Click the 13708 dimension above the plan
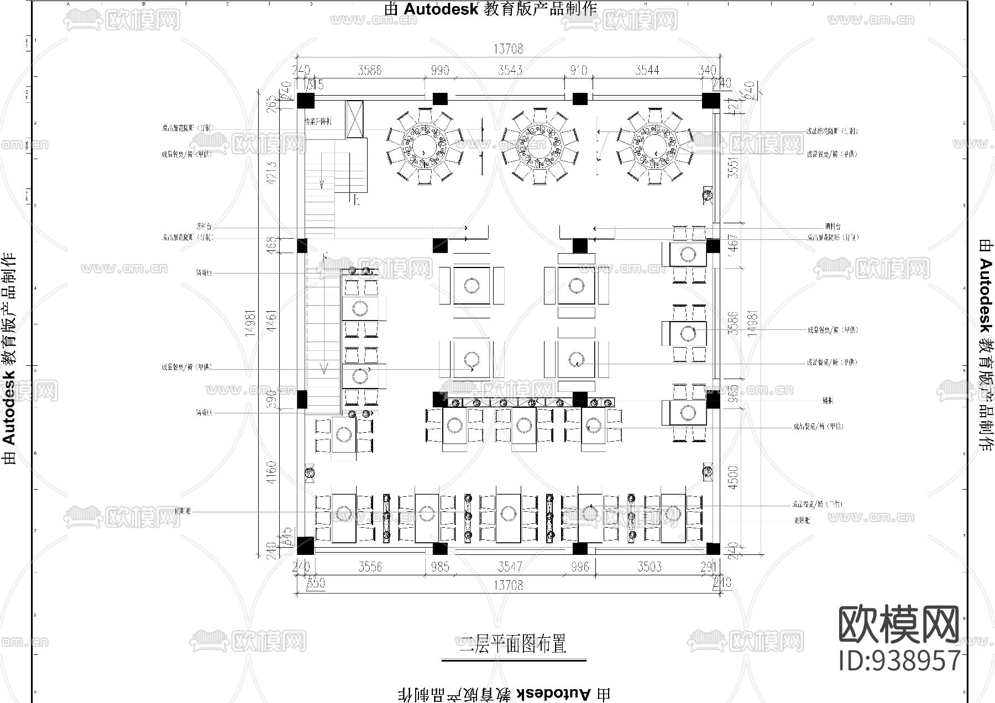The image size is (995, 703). click(508, 49)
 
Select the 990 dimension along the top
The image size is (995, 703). click(439, 71)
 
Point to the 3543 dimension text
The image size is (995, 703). click(509, 71)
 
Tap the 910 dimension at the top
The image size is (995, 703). click(578, 71)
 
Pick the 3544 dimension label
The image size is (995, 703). click(647, 71)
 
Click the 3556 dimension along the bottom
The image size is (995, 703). click(370, 567)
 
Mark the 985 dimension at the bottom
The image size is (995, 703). click(440, 567)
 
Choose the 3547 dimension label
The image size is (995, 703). click(509, 567)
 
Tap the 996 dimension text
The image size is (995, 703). click(580, 567)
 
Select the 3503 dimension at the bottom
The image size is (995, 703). click(649, 567)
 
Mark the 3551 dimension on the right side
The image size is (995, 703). click(733, 168)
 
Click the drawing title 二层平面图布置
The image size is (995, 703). click(514, 644)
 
